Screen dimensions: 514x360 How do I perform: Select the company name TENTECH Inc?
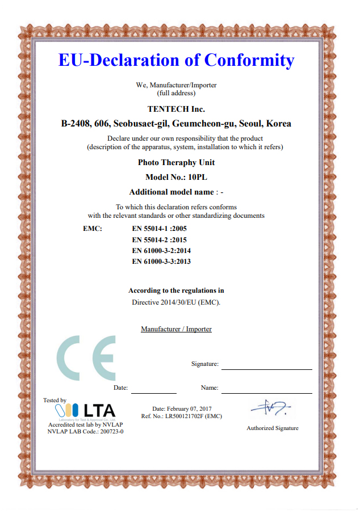tap(176, 109)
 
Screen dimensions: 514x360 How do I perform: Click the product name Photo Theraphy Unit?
tap(176, 162)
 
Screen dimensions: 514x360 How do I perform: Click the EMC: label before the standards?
tap(92, 229)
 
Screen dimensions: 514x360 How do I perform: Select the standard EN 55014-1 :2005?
tap(159, 229)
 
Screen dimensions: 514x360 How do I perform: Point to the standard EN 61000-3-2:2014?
tap(161, 250)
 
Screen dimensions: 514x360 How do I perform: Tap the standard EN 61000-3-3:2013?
tap(161, 262)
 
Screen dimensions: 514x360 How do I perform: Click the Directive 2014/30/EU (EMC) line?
tap(176, 302)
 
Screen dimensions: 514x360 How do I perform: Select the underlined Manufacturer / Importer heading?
tap(176, 329)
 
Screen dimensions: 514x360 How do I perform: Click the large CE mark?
tap(86, 358)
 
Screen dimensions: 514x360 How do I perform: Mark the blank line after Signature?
tap(266, 368)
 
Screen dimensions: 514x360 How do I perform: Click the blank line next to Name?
tap(266, 391)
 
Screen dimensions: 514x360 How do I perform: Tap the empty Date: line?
tap(153, 391)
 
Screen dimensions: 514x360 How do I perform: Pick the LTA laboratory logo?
tap(86, 410)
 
